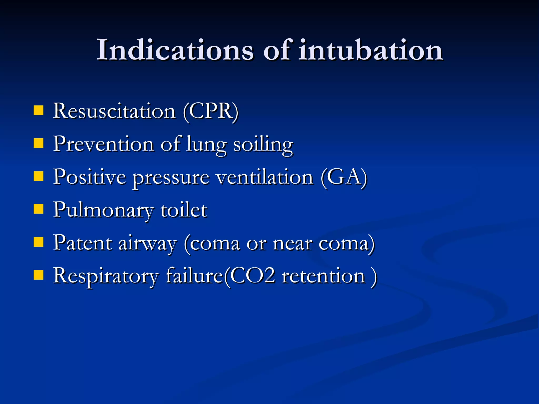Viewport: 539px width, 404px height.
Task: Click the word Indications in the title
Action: [175, 50]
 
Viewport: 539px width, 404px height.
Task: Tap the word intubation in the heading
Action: [371, 50]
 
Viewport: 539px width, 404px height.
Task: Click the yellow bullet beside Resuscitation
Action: [38, 110]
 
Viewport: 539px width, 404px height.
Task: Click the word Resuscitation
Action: [114, 111]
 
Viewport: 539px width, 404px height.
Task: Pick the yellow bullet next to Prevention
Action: [38, 144]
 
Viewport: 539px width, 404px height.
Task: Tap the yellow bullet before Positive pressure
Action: [38, 176]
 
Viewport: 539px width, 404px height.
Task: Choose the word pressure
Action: [171, 178]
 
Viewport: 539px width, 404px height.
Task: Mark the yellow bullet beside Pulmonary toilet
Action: [38, 210]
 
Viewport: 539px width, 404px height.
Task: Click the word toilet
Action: [184, 210]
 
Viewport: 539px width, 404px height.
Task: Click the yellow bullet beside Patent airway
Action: [38, 242]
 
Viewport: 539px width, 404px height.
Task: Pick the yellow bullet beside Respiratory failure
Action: [38, 275]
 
